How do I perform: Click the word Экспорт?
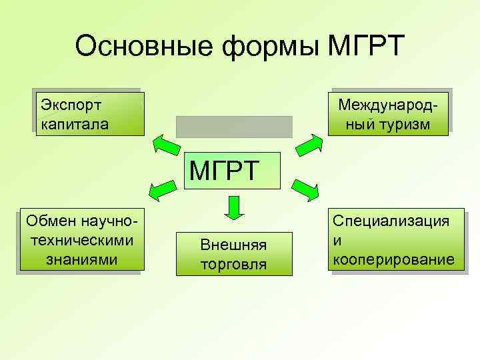tap(71, 105)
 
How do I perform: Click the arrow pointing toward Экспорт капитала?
tap(165, 144)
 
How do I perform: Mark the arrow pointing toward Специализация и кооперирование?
tap(306, 190)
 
